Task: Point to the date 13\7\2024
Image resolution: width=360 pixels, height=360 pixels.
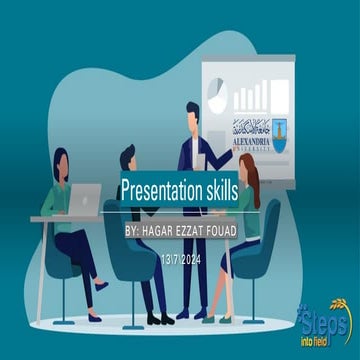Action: click(179, 259)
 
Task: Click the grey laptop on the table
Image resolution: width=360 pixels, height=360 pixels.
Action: click(85, 197)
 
